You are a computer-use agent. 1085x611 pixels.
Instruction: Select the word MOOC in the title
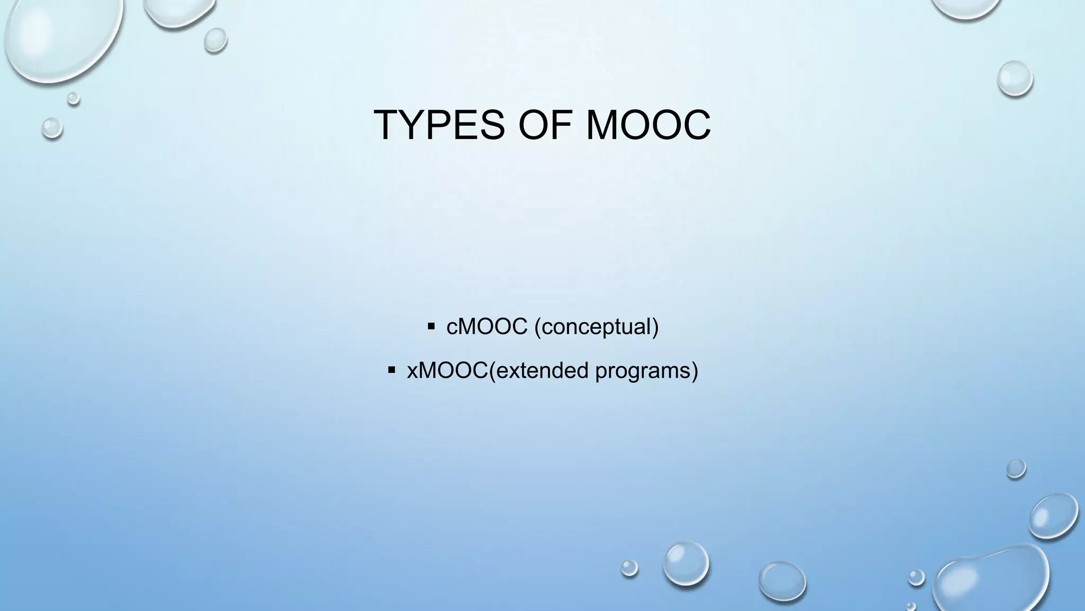648,125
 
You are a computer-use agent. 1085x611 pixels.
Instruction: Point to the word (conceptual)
597,327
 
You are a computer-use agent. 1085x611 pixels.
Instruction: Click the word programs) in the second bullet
646,371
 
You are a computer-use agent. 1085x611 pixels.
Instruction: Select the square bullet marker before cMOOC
431,325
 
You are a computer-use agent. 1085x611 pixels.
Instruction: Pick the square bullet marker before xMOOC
392,369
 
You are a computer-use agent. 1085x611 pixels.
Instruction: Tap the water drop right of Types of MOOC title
1015,78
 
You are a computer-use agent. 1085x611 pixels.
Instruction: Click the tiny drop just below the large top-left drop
74,98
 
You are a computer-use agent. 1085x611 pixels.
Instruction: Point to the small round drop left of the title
52,128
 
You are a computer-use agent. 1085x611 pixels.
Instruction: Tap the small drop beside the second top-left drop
215,40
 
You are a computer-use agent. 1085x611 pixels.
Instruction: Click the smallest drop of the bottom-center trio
629,568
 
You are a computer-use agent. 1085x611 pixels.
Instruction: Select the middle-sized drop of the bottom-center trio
686,563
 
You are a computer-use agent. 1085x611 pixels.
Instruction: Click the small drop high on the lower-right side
1016,469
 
